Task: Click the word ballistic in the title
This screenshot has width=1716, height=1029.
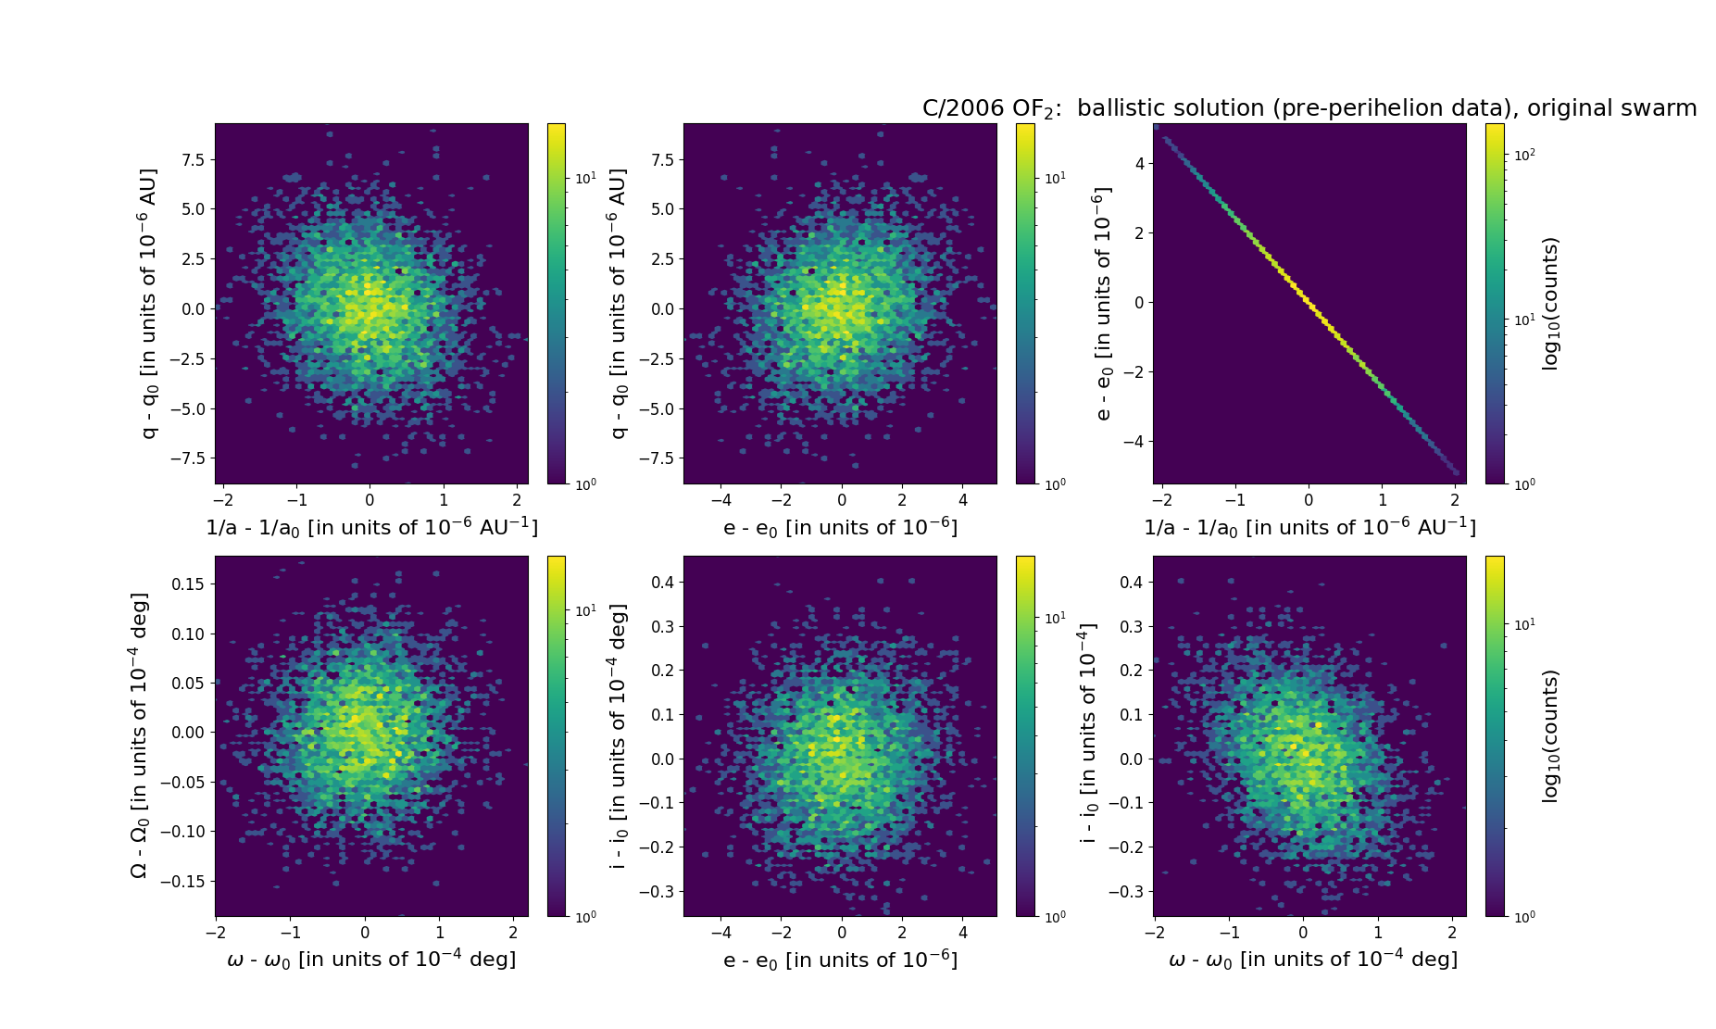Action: pos(1120,108)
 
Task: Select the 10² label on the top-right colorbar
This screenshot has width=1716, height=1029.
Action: pos(1523,155)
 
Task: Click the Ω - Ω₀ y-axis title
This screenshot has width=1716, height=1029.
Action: pos(139,736)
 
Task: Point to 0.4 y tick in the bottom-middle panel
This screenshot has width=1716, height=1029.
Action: pos(661,583)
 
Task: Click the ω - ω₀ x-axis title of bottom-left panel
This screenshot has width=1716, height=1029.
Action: pos(371,960)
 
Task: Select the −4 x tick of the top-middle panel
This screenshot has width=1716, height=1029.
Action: pos(720,501)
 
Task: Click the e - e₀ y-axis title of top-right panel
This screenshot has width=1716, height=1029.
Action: pos(1102,304)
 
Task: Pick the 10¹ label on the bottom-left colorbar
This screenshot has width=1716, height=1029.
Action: pos(585,610)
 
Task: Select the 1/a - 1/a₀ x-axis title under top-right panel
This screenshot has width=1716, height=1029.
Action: pos(1309,527)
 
